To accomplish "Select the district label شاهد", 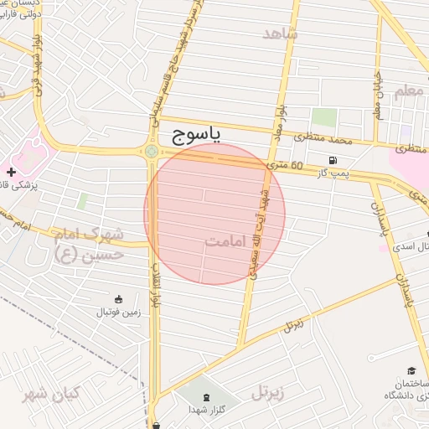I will tap(280, 34).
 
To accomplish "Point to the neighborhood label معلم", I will tap(410, 90).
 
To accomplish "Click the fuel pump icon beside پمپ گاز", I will tap(334, 160).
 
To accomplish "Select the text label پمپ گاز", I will tap(340, 172).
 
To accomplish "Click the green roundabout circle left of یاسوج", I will tap(151, 152).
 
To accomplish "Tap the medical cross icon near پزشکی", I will tap(11, 173).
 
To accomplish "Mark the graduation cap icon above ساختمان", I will tap(411, 370).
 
